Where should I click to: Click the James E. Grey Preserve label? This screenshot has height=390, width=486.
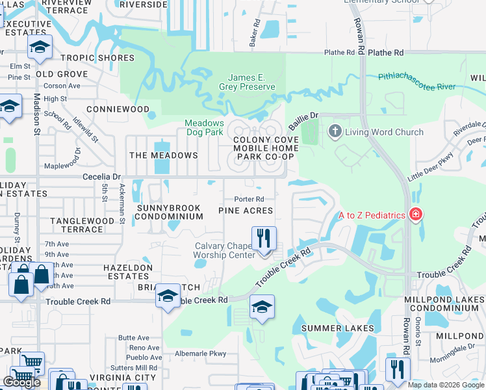coord(251,82)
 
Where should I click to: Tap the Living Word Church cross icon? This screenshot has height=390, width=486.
coord(335,132)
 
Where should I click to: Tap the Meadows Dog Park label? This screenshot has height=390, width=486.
coord(204,127)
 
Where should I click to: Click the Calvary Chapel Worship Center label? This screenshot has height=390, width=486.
coord(224,250)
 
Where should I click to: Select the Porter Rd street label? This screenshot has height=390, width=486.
coord(249,199)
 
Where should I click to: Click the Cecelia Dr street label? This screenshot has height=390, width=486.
coord(102,176)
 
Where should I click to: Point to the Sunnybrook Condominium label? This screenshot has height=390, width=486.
coord(170,211)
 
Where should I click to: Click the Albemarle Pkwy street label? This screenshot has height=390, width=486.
coord(200,354)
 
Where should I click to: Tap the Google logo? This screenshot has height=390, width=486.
coord(21,382)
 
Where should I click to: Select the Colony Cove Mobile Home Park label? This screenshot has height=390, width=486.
coord(264,148)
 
